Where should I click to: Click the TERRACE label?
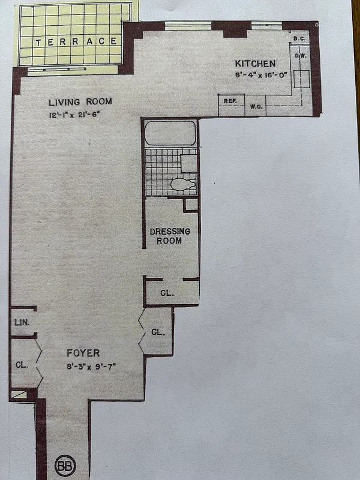(76, 41)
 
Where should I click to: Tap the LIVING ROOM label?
(80, 101)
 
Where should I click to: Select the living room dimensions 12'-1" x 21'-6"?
(74, 114)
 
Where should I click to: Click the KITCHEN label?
(255, 64)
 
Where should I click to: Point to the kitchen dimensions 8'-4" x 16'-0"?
(261, 75)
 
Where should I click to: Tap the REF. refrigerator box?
(230, 101)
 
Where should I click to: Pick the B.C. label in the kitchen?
(298, 40)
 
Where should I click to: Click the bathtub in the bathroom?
(170, 133)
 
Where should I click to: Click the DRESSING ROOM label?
(170, 236)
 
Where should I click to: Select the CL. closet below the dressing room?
(167, 293)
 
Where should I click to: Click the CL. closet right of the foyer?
(158, 332)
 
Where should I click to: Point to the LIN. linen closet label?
(19, 322)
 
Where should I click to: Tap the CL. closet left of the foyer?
(20, 364)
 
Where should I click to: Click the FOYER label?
(83, 353)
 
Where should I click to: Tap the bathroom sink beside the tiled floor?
(189, 162)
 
